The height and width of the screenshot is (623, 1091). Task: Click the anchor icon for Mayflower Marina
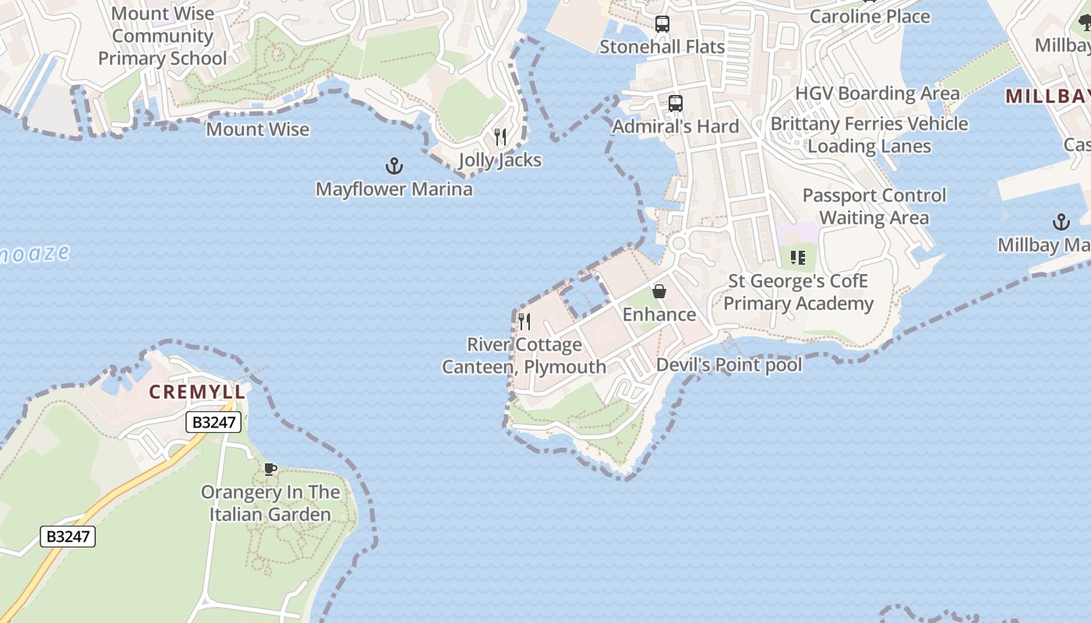(x=394, y=166)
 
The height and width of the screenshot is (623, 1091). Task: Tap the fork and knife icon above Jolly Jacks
(x=500, y=138)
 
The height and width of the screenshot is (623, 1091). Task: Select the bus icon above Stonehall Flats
(x=662, y=24)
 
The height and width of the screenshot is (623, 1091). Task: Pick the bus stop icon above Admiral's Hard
(x=675, y=104)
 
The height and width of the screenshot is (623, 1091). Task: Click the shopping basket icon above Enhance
(x=659, y=291)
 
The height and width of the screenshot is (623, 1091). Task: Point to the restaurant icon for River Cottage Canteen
(x=524, y=321)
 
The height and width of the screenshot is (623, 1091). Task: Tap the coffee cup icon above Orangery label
(x=270, y=469)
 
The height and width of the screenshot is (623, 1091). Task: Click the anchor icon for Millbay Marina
(x=1061, y=223)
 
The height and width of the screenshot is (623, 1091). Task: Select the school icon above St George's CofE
(x=797, y=258)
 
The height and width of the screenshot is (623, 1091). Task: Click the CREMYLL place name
(x=197, y=392)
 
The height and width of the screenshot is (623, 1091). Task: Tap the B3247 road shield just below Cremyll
(x=214, y=422)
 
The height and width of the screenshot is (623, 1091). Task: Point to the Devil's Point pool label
(x=729, y=364)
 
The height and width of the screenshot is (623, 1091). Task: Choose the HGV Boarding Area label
(x=877, y=93)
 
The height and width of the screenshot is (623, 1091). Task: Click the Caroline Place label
(x=870, y=16)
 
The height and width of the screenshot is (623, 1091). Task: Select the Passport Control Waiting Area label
(x=874, y=206)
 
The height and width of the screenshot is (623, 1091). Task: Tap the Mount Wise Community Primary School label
(x=162, y=36)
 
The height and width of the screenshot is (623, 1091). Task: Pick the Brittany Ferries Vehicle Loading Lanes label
(x=869, y=135)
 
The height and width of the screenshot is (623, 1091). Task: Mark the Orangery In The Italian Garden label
(x=270, y=503)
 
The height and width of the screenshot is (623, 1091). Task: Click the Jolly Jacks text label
(x=500, y=160)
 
